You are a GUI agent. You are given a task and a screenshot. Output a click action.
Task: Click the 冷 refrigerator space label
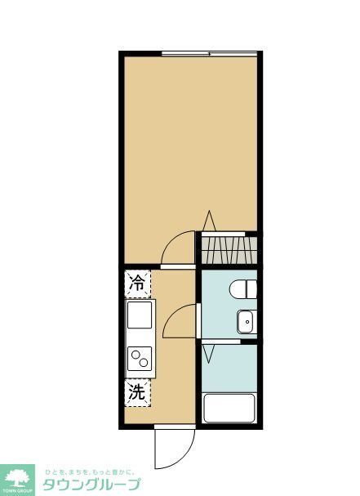tap(138, 284)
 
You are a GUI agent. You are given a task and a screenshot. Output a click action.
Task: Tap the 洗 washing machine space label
tap(138, 392)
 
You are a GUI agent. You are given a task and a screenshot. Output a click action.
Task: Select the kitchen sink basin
tap(140, 315)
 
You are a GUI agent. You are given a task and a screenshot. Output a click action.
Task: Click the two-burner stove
tap(140, 358)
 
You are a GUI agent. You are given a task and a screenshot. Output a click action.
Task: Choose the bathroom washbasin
tap(246, 322)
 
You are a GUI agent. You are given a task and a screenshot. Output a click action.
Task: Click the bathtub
tap(229, 407)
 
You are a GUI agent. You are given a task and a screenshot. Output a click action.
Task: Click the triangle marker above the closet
tap(209, 220)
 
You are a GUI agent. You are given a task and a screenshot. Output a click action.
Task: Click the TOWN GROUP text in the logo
tap(18, 491)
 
